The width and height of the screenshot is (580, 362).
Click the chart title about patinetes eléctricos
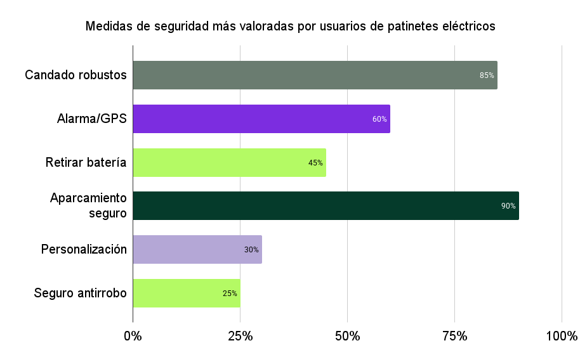click(290, 27)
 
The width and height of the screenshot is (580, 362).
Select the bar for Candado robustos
click(315, 75)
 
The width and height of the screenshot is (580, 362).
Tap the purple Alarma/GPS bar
click(261, 119)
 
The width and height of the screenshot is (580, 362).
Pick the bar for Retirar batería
click(229, 162)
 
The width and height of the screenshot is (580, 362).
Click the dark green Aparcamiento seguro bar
click(326, 205)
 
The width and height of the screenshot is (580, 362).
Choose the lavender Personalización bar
click(197, 249)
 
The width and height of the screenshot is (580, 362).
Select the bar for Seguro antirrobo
click(186, 293)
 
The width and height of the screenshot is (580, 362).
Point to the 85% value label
click(487, 75)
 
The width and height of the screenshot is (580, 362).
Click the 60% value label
click(379, 119)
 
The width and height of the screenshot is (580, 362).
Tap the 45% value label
click(315, 163)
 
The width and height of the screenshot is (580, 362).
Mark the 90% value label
click(508, 206)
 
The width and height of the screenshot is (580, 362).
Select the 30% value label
click(251, 250)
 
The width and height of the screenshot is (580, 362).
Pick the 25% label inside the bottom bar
click(230, 294)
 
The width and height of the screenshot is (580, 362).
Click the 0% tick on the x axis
click(133, 335)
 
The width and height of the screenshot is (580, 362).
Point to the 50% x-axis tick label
click(347, 335)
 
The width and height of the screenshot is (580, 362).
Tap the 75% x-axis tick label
click(454, 335)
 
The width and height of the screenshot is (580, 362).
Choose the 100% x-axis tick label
click(561, 335)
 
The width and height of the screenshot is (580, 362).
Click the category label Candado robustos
click(76, 75)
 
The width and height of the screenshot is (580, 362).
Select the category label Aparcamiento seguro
click(89, 205)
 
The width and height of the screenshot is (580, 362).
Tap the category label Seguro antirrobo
click(80, 293)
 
